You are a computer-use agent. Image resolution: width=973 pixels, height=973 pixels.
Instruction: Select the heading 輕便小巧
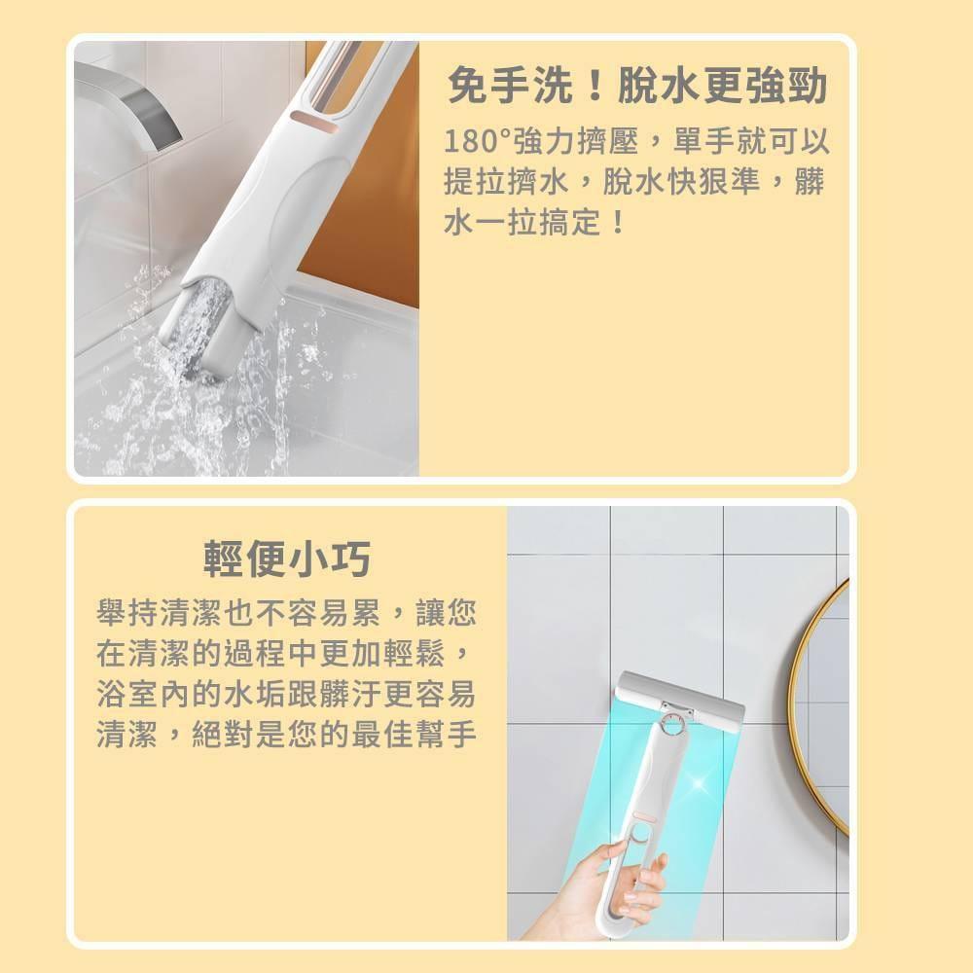287,559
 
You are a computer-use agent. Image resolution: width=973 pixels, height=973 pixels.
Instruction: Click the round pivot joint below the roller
672,724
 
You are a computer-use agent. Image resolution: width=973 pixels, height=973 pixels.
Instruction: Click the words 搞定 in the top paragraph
570,222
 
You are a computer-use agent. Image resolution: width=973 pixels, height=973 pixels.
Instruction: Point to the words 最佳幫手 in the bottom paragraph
414,734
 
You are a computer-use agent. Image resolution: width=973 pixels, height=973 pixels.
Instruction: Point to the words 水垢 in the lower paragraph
255,694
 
